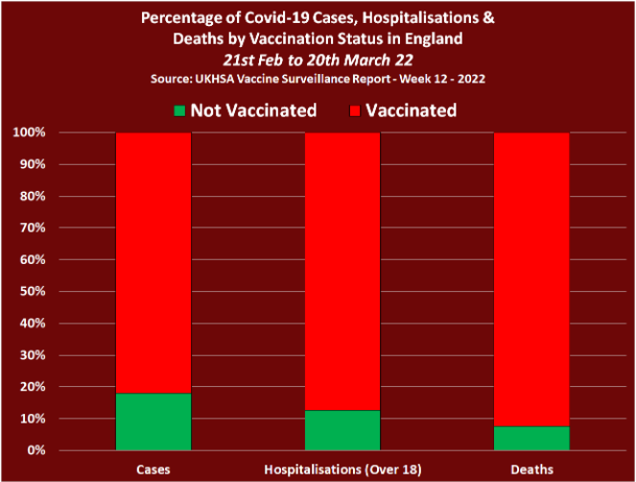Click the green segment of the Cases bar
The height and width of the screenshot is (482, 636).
pos(153,422)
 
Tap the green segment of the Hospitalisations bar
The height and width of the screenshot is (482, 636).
pos(342,430)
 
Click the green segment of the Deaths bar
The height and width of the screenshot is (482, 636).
pos(531,438)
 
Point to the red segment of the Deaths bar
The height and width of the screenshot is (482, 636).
pos(531,278)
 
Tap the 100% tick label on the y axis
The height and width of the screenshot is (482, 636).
pos(29,133)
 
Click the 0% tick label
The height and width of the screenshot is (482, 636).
pos(35,450)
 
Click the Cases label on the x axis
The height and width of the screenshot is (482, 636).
pos(153,469)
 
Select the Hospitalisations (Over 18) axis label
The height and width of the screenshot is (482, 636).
pos(342,469)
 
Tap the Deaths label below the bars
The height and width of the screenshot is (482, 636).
pos(531,469)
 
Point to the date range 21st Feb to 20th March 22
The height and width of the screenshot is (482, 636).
pos(317,59)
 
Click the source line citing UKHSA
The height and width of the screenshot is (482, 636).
pos(317,78)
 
